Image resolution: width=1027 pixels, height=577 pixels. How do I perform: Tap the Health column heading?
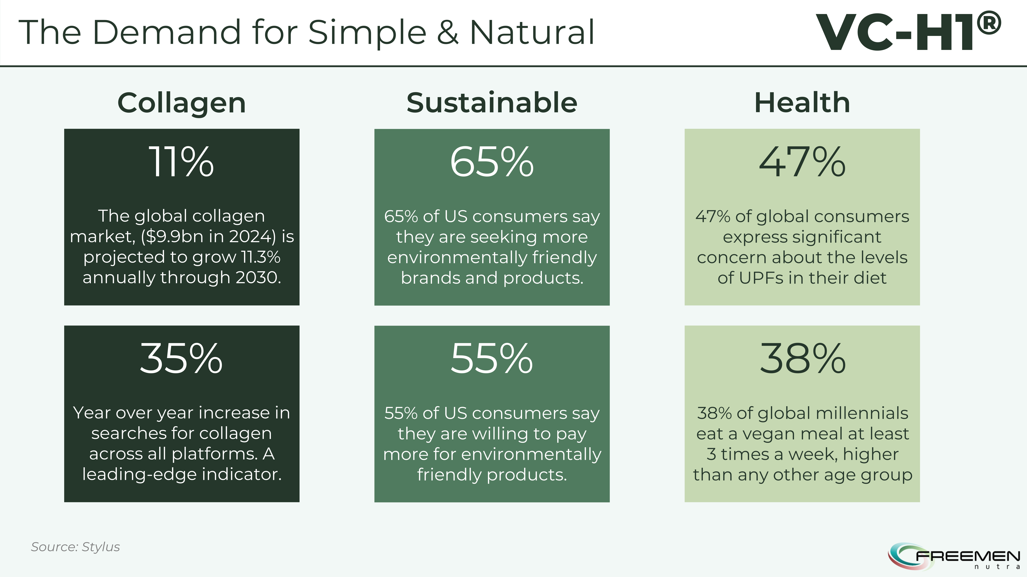802,103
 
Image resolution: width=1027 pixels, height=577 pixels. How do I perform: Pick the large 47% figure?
802,161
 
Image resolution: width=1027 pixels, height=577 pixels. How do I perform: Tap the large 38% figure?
802,358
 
